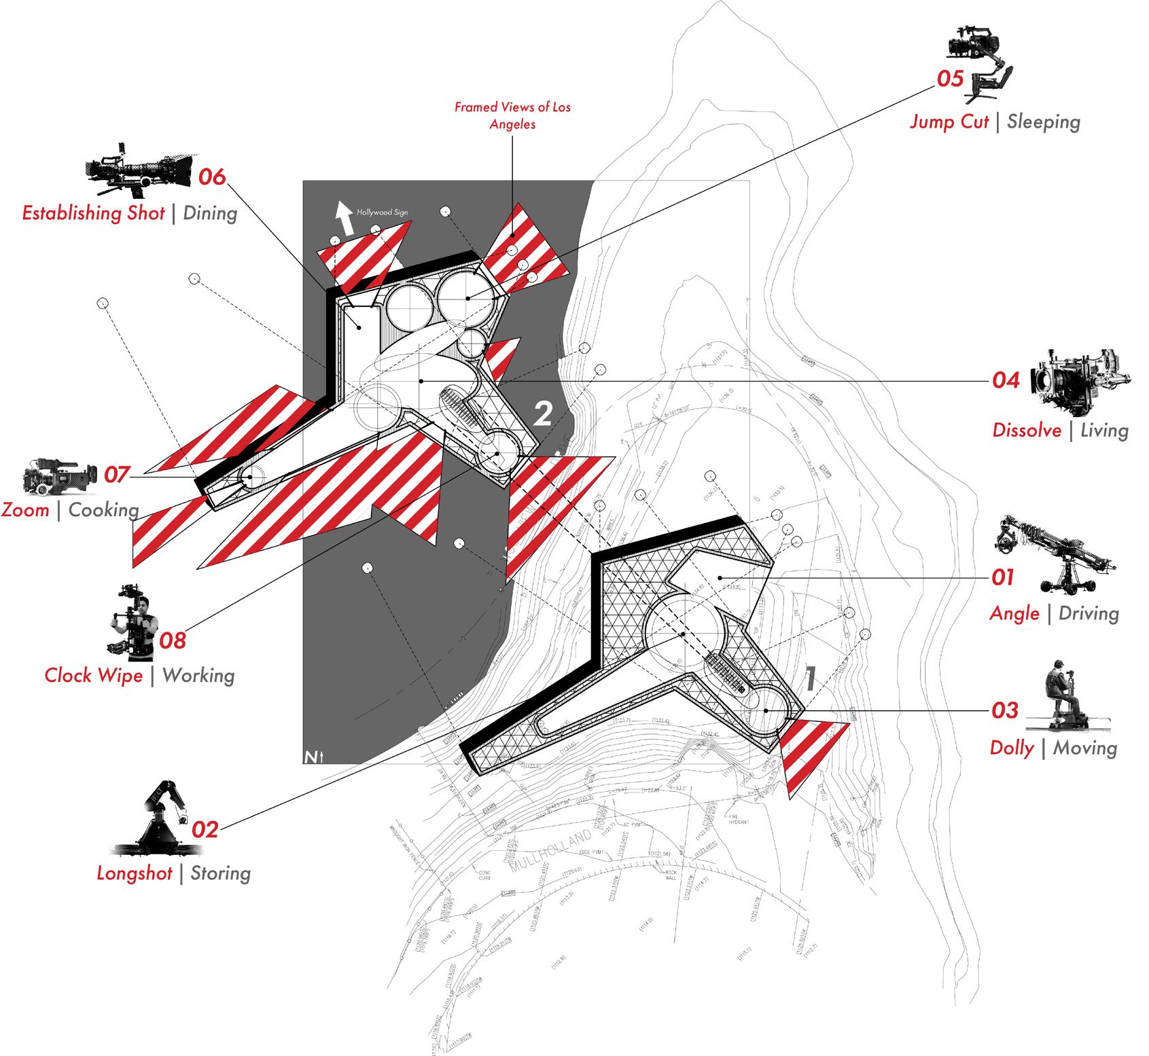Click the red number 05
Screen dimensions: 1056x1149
click(950, 79)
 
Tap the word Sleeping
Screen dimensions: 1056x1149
click(1043, 122)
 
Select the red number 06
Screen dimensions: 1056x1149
click(212, 177)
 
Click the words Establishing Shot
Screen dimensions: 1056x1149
click(94, 213)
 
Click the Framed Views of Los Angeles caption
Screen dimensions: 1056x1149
click(513, 115)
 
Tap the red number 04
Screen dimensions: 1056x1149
click(1006, 380)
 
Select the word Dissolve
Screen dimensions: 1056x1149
click(1027, 431)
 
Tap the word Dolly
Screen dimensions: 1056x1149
click(1012, 748)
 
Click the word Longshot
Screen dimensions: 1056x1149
click(135, 873)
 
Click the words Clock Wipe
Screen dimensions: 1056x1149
click(94, 676)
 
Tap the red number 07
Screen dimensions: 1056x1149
click(116, 475)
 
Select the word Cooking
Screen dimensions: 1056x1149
click(103, 510)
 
